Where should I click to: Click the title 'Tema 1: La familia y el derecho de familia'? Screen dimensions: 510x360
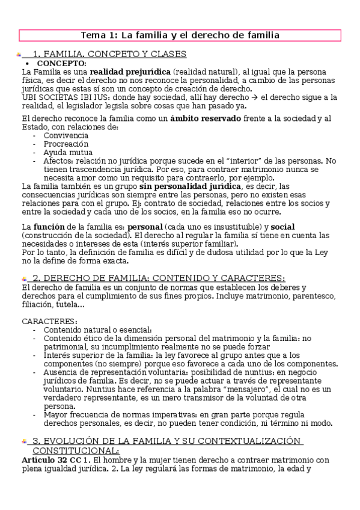(180, 35)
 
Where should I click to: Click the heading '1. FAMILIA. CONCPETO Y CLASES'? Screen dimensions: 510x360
(109, 54)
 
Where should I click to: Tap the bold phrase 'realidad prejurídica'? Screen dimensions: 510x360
(128, 72)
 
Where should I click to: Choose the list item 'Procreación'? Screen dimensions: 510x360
(66, 144)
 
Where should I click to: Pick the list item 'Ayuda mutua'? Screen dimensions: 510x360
(67, 152)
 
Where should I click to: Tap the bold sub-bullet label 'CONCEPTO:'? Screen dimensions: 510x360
(62, 63)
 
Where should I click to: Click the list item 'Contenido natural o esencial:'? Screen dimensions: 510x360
(97, 330)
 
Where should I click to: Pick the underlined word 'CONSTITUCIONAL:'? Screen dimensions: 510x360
(76, 450)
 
